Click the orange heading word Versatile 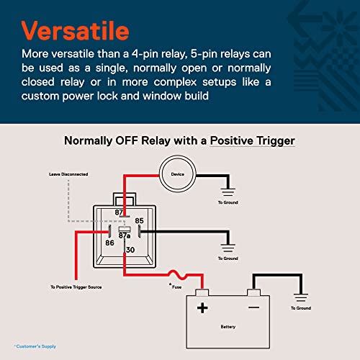[x=76, y=32]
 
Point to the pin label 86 [x=109, y=243]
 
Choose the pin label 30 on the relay [x=130, y=250]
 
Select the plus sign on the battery [x=202, y=307]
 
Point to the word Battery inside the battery [x=228, y=326]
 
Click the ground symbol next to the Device [x=229, y=192]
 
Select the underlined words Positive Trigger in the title [x=252, y=140]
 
